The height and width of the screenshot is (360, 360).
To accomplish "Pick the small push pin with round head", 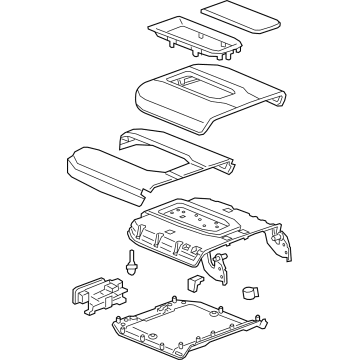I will click(131, 264).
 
